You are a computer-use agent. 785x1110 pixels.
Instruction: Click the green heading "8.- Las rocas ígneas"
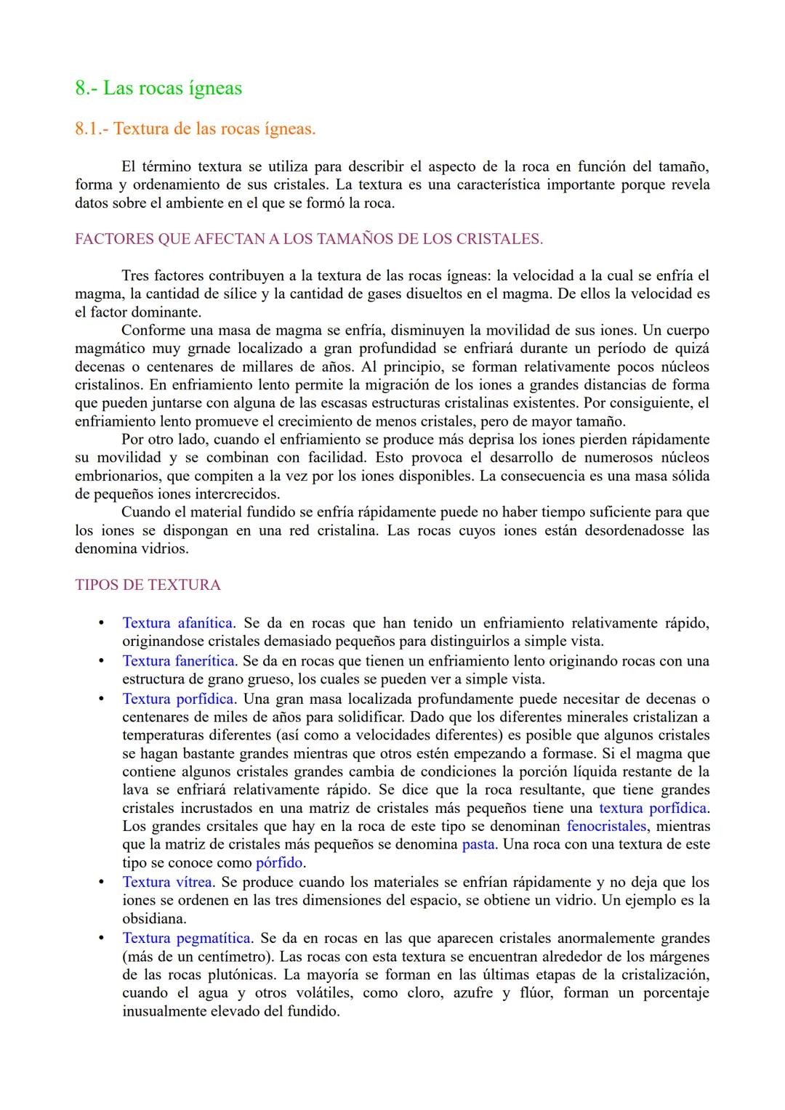(x=158, y=89)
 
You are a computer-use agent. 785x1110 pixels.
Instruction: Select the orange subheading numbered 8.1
(x=195, y=129)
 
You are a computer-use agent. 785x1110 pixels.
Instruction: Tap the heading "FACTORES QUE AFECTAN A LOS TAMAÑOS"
(x=308, y=239)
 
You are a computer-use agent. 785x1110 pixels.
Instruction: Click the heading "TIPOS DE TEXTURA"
(x=148, y=585)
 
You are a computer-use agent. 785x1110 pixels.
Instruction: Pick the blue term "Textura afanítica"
(x=177, y=623)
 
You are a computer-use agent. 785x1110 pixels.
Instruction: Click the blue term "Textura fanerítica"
(x=178, y=661)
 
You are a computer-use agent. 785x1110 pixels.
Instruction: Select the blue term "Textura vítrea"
(x=167, y=882)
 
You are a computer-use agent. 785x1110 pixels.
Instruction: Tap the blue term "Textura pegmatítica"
(x=187, y=938)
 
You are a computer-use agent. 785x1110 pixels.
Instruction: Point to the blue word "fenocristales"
(x=606, y=826)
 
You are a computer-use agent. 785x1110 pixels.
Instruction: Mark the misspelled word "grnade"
(x=209, y=349)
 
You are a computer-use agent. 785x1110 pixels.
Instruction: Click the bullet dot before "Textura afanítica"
(x=102, y=623)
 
